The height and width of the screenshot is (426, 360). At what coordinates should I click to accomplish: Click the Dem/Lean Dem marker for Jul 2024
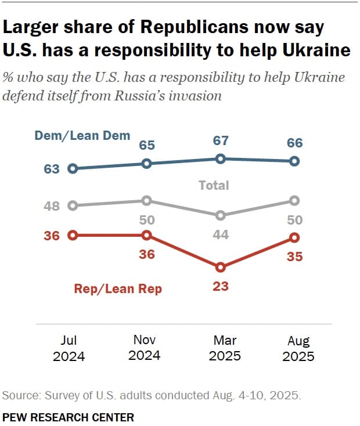click(x=73, y=169)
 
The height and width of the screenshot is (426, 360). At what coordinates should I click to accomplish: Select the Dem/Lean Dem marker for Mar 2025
click(x=221, y=158)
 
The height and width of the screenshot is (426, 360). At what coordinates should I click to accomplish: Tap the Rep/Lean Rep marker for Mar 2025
click(x=221, y=268)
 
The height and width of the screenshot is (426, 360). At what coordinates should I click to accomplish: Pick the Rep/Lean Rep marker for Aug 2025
click(x=294, y=237)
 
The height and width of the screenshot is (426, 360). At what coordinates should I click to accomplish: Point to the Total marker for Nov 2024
click(x=147, y=200)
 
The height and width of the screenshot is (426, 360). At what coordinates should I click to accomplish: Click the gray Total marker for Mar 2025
click(x=221, y=215)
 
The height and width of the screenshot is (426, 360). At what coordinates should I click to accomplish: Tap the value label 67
click(x=221, y=141)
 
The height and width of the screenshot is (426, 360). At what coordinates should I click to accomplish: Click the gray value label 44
click(x=221, y=235)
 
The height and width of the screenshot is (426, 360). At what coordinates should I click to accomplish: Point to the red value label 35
click(x=294, y=256)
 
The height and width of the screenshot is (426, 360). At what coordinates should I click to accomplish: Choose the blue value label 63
click(x=52, y=169)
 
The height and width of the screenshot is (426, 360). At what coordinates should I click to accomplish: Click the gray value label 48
click(x=52, y=205)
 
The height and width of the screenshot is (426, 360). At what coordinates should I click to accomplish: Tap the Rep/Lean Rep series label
click(x=118, y=288)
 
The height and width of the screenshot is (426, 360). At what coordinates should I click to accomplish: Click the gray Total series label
click(x=214, y=186)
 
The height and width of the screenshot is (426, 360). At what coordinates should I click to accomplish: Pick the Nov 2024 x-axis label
click(x=144, y=347)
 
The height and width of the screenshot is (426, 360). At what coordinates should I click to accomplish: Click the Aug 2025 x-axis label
click(x=298, y=348)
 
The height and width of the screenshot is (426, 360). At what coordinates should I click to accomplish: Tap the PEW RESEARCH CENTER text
click(x=68, y=417)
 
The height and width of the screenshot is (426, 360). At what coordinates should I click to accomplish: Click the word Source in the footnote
click(x=20, y=396)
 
